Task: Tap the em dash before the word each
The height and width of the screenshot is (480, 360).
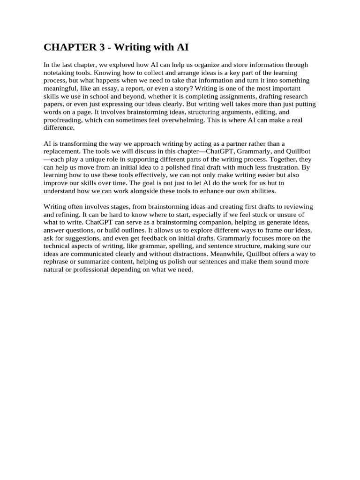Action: (46, 159)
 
